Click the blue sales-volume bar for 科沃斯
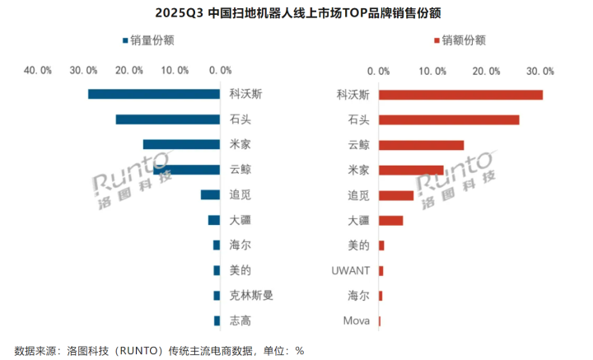tap(154, 94)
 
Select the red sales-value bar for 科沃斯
tap(460, 94)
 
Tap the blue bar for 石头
tap(168, 119)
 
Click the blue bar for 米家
tap(181, 144)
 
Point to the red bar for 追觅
tap(396, 195)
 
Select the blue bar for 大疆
tap(214, 220)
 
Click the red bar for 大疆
tap(390, 220)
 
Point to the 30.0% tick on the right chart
tap(539, 71)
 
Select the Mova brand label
tap(356, 320)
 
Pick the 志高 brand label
tap(240, 320)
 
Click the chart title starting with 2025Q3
tap(296, 13)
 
